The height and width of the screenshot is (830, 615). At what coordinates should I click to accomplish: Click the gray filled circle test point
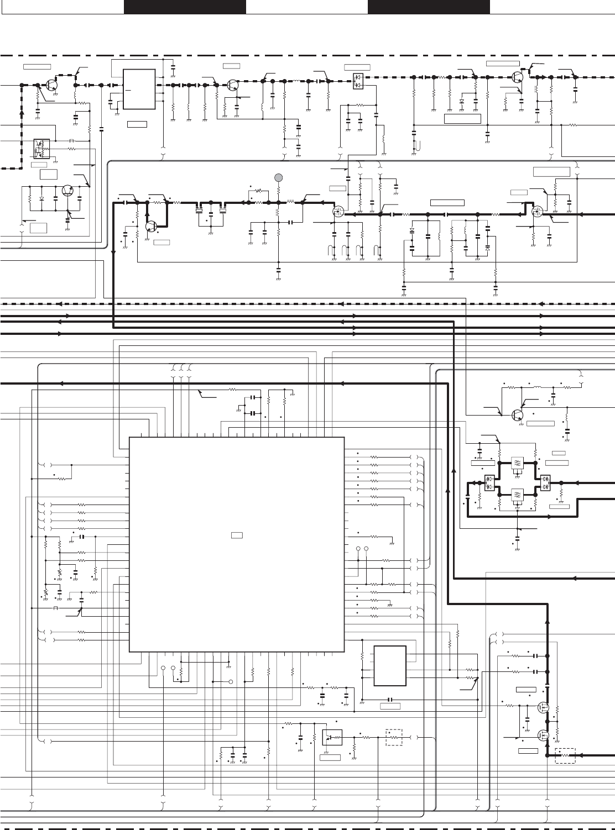click(x=278, y=177)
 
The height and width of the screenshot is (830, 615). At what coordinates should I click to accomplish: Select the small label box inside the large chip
click(x=237, y=535)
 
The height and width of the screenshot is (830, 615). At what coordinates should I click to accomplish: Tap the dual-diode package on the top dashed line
click(x=357, y=82)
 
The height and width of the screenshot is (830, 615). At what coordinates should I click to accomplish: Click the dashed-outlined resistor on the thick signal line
click(x=565, y=755)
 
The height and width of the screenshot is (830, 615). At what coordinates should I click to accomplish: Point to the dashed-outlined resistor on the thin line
click(x=394, y=737)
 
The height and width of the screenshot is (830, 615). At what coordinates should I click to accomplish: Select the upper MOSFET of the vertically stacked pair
click(x=543, y=707)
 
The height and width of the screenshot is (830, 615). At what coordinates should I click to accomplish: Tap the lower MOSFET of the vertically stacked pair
click(x=543, y=735)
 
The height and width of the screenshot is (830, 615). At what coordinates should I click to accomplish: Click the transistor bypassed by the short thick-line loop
click(x=151, y=226)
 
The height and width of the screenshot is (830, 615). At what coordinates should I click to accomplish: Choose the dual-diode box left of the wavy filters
click(x=489, y=482)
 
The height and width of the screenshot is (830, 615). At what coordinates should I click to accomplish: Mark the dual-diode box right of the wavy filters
click(x=545, y=482)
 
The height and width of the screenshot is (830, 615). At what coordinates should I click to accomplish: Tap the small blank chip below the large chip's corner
click(x=390, y=665)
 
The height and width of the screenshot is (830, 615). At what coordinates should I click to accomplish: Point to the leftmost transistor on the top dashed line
click(x=52, y=85)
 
